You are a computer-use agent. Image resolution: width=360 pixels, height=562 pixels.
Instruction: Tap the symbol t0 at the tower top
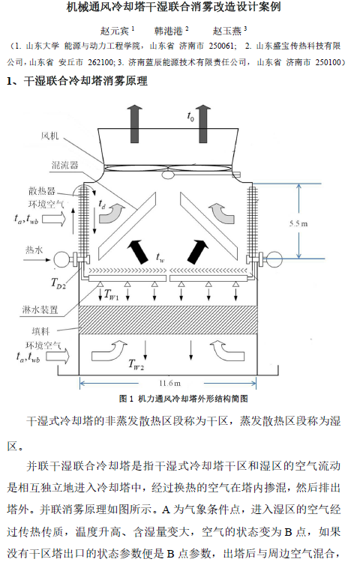[x=190, y=118]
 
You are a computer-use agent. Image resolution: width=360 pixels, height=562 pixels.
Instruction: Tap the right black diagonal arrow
[x=197, y=248]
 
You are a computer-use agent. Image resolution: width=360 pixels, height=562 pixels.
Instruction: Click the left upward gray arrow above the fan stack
[x=134, y=118]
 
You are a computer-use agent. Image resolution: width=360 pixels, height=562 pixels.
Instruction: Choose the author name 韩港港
[x=169, y=31]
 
